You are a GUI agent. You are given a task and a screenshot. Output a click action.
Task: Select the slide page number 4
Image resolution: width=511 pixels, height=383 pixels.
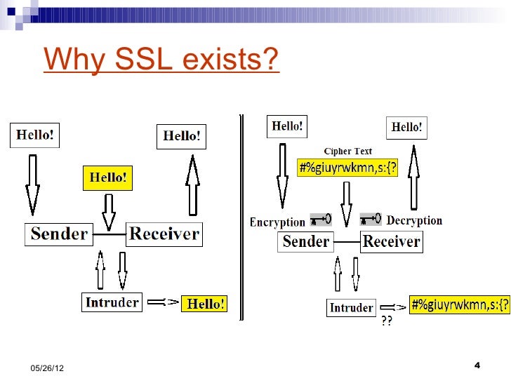[x=477, y=365]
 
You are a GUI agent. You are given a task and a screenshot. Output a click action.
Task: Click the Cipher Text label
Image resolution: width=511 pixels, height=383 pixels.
[x=347, y=151]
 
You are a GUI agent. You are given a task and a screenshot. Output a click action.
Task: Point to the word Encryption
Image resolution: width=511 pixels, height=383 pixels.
[x=278, y=222]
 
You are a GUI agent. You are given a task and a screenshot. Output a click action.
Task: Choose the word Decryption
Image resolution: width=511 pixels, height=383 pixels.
[x=414, y=220]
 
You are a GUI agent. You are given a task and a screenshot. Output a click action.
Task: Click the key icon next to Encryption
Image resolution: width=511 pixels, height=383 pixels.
[x=320, y=220]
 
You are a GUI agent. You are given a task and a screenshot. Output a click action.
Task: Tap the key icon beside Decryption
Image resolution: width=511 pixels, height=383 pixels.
[x=371, y=218]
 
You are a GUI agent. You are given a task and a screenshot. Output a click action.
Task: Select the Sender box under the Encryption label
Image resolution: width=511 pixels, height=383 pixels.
[x=305, y=242]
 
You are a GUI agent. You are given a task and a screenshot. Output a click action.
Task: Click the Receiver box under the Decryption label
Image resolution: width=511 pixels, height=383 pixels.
[x=391, y=242]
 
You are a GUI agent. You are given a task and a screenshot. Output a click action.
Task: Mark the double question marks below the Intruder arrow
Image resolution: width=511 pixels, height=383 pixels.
[x=387, y=322]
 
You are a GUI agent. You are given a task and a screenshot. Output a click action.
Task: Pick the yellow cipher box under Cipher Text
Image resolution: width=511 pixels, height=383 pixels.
[x=348, y=169]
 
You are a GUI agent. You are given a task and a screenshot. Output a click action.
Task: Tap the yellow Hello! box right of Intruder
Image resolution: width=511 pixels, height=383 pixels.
[x=204, y=304]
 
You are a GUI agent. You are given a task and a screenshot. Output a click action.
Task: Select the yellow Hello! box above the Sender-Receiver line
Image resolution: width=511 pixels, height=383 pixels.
[x=108, y=178]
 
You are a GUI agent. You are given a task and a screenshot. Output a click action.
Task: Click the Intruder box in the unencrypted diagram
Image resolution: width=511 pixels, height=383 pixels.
[x=112, y=302]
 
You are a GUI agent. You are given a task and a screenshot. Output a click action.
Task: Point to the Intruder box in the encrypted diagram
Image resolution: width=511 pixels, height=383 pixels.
[x=352, y=308]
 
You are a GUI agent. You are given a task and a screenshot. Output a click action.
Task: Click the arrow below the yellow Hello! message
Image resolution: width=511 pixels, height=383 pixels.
[x=108, y=210]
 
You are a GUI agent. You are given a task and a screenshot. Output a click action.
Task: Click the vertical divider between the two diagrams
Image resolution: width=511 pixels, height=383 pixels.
[x=241, y=217]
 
